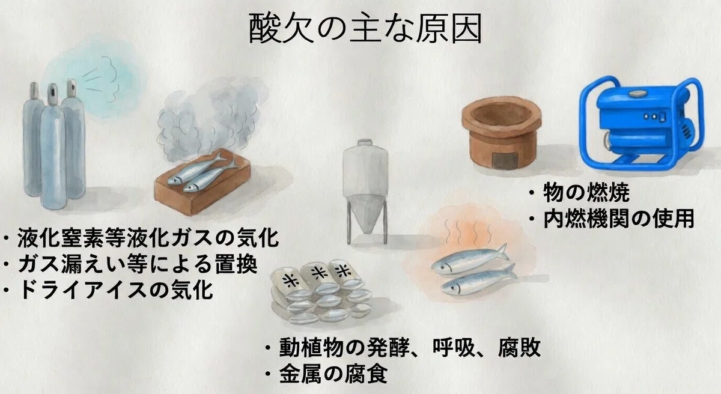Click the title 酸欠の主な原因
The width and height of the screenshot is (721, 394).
pyautogui.click(x=365, y=28)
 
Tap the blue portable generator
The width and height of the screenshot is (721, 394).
pyautogui.click(x=642, y=123)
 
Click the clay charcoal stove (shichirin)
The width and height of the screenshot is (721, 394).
pyautogui.click(x=501, y=133)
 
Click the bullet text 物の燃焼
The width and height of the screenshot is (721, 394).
pyautogui.click(x=586, y=193)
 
